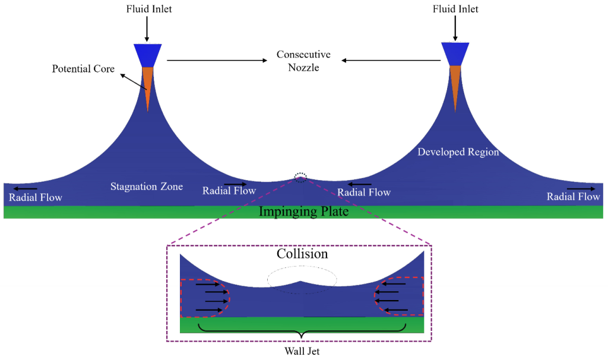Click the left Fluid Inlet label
[x=149, y=9]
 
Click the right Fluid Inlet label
[x=455, y=9]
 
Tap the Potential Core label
[x=83, y=69]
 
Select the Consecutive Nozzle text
[x=303, y=61]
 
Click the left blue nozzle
[x=148, y=55]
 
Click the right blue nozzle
[x=455, y=54]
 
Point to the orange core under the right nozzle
[x=455, y=86]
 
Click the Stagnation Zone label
[x=147, y=187]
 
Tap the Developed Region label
[x=458, y=151]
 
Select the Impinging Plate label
[x=303, y=211]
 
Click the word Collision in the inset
[x=302, y=254]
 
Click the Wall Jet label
[x=302, y=351]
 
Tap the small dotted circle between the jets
[x=300, y=173]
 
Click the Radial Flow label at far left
[x=35, y=197]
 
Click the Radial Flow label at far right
[x=573, y=197]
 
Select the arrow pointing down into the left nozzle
[x=147, y=29]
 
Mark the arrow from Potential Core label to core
[x=134, y=82]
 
